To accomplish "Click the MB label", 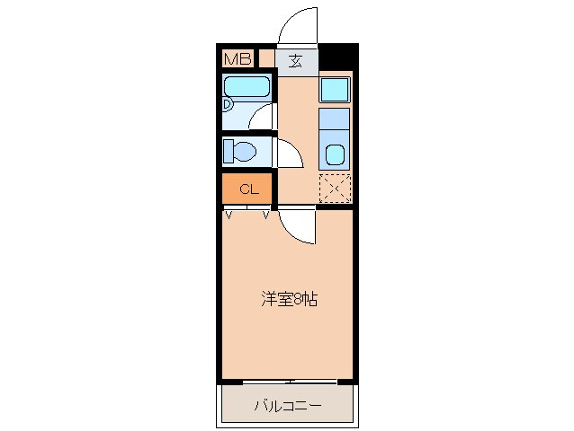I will [238, 59].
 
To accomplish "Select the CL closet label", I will [248, 189].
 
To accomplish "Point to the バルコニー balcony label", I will [287, 406].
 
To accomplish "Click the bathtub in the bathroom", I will [247, 87].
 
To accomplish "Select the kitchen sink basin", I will [335, 154].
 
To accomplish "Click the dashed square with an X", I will [335, 189].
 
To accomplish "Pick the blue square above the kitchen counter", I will [335, 90].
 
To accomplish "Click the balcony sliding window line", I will [287, 383].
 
